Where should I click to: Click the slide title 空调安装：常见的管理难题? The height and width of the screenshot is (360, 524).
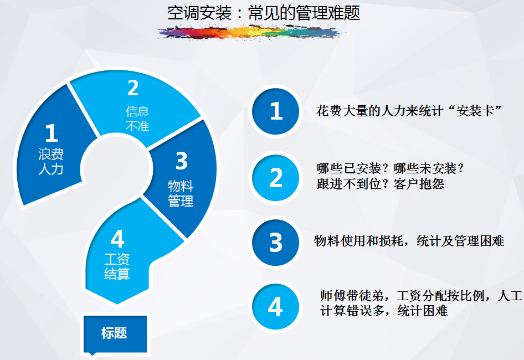(263, 13)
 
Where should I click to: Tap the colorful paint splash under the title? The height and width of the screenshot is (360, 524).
(250, 33)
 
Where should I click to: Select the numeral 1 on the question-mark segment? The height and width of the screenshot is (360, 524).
(51, 133)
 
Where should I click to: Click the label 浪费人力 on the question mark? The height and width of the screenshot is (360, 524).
(51, 162)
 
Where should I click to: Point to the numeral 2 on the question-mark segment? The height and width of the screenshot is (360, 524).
(133, 88)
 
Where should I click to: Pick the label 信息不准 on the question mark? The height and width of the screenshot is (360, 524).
(137, 119)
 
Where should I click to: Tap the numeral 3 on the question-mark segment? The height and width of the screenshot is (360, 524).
(182, 161)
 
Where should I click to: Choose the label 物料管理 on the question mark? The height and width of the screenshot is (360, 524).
(181, 193)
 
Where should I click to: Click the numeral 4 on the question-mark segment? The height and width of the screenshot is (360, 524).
(117, 239)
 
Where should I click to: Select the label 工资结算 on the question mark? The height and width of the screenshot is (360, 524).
(117, 266)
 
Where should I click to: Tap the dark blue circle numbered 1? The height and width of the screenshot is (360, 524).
(276, 111)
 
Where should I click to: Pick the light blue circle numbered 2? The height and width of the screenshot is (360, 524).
(276, 177)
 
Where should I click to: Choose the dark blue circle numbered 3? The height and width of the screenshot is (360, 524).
(276, 243)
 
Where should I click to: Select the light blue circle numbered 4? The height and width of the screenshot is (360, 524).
(276, 306)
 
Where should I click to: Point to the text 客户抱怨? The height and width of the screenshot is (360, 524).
(419, 184)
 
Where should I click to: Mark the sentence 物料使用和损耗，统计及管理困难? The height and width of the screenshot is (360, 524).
(409, 241)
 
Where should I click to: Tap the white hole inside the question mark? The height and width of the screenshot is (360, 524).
(116, 168)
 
